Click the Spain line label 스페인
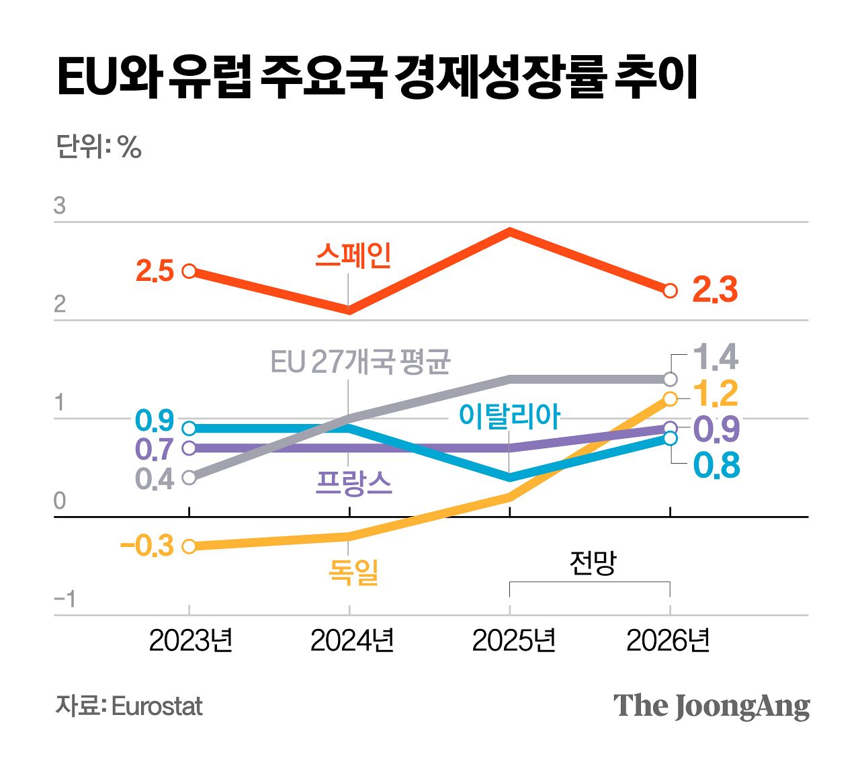pos(353,256)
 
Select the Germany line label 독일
pos(353,572)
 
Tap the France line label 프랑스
pos(353,482)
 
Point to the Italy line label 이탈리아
pos(509,416)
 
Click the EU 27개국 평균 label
pos(360,362)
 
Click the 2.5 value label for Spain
pos(155,271)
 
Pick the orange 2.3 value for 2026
pos(715,290)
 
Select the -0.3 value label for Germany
pos(147,546)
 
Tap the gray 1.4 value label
pos(715,357)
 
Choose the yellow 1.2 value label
pos(715,394)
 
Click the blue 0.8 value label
pos(716,466)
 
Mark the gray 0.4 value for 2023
pos(155,479)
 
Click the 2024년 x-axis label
pos(352,640)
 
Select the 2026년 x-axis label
pos(669,640)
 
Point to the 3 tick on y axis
pos(60,206)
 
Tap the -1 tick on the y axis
pos(64,599)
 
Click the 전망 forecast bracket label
pos(593,562)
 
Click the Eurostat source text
pos(157,706)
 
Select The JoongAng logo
pos(712,706)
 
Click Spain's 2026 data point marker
pos(670,291)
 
